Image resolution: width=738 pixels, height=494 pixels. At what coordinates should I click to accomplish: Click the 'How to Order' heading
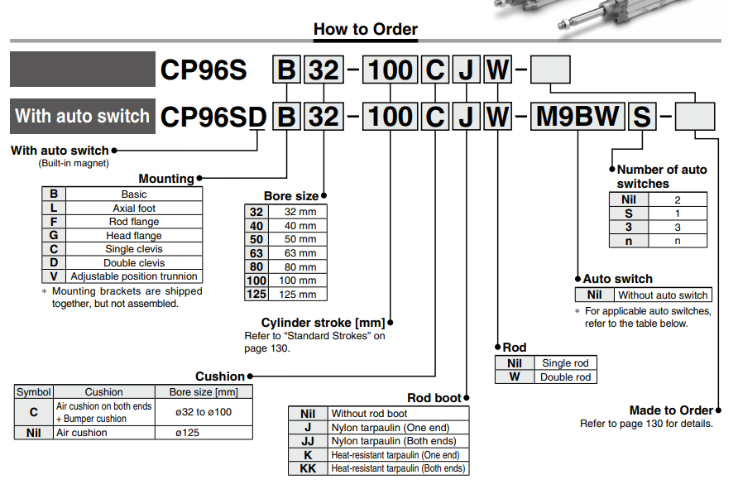tap(366, 29)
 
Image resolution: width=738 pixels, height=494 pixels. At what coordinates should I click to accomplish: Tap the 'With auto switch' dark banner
tap(83, 116)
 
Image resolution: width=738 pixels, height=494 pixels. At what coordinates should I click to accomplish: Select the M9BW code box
tap(577, 117)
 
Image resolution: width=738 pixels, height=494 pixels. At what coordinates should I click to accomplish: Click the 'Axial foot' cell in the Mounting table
tap(134, 209)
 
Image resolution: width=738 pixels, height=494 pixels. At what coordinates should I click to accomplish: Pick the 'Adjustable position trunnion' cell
tap(134, 276)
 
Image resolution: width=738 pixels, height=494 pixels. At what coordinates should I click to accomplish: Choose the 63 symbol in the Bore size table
tap(256, 253)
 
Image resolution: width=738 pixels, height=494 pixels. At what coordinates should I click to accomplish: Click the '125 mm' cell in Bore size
tap(298, 295)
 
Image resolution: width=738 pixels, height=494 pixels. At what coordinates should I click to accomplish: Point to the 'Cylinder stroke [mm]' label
tap(323, 323)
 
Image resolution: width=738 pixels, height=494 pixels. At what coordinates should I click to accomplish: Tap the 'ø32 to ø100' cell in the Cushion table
tap(204, 412)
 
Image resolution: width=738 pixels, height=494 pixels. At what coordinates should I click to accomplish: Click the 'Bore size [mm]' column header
tap(204, 392)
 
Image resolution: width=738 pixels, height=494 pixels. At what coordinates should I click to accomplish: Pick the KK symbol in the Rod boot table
tap(309, 468)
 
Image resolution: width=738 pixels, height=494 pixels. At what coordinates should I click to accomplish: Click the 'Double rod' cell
tap(565, 376)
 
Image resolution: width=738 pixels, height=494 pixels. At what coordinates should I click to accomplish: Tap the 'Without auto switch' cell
tap(663, 295)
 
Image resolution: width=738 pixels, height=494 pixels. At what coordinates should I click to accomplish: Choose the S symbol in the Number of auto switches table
tap(629, 213)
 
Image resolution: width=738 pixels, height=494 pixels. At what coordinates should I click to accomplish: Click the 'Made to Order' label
tap(671, 410)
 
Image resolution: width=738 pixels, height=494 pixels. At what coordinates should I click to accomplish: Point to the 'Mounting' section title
tap(166, 179)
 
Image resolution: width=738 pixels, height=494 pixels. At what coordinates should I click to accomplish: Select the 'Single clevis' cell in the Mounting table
tap(134, 248)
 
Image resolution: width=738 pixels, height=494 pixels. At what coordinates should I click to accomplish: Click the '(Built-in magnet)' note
tap(74, 163)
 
